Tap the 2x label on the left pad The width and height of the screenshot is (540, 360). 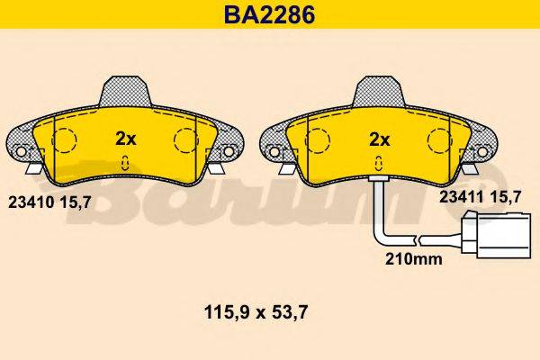pyautogui.click(x=126, y=139)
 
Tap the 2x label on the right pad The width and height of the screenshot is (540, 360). pyautogui.click(x=380, y=139)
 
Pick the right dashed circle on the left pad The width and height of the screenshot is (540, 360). pyautogui.click(x=186, y=141)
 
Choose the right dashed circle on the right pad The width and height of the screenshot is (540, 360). pyautogui.click(x=439, y=141)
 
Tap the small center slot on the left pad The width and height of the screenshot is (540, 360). pyautogui.click(x=126, y=163)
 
